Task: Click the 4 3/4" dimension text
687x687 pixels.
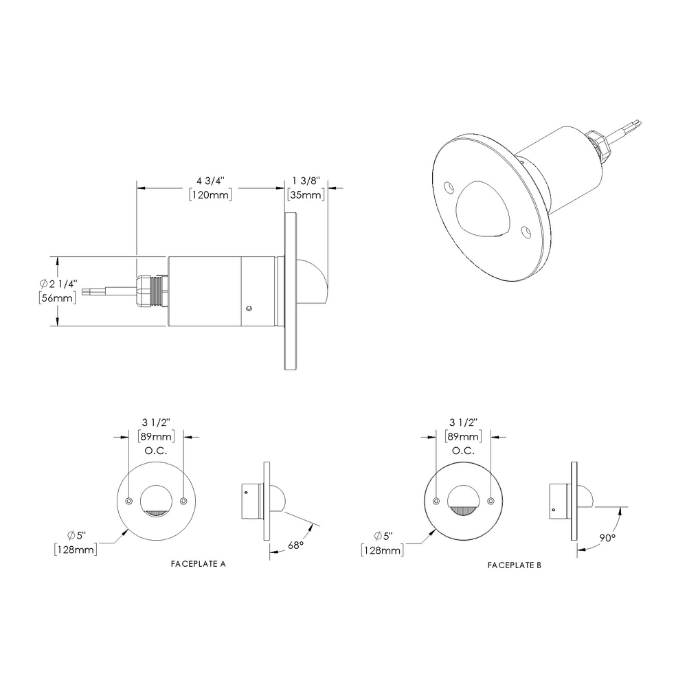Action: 210,181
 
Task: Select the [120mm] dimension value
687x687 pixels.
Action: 210,195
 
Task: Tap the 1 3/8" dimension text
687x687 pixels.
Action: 306,181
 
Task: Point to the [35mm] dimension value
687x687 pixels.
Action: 306,195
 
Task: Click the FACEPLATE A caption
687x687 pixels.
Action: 198,563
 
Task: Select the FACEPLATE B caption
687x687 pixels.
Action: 515,565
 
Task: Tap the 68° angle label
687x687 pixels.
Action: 295,545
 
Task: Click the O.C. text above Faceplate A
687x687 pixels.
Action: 155,451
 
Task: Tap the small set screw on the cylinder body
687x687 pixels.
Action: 250,308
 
